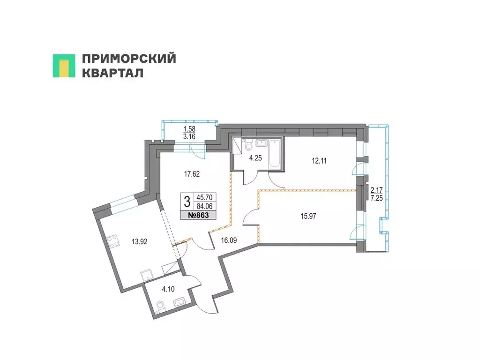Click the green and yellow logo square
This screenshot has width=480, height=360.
[64, 66]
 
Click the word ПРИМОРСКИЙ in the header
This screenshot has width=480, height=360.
[129, 59]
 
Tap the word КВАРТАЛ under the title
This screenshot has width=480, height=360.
[112, 74]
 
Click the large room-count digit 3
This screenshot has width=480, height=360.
[187, 202]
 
